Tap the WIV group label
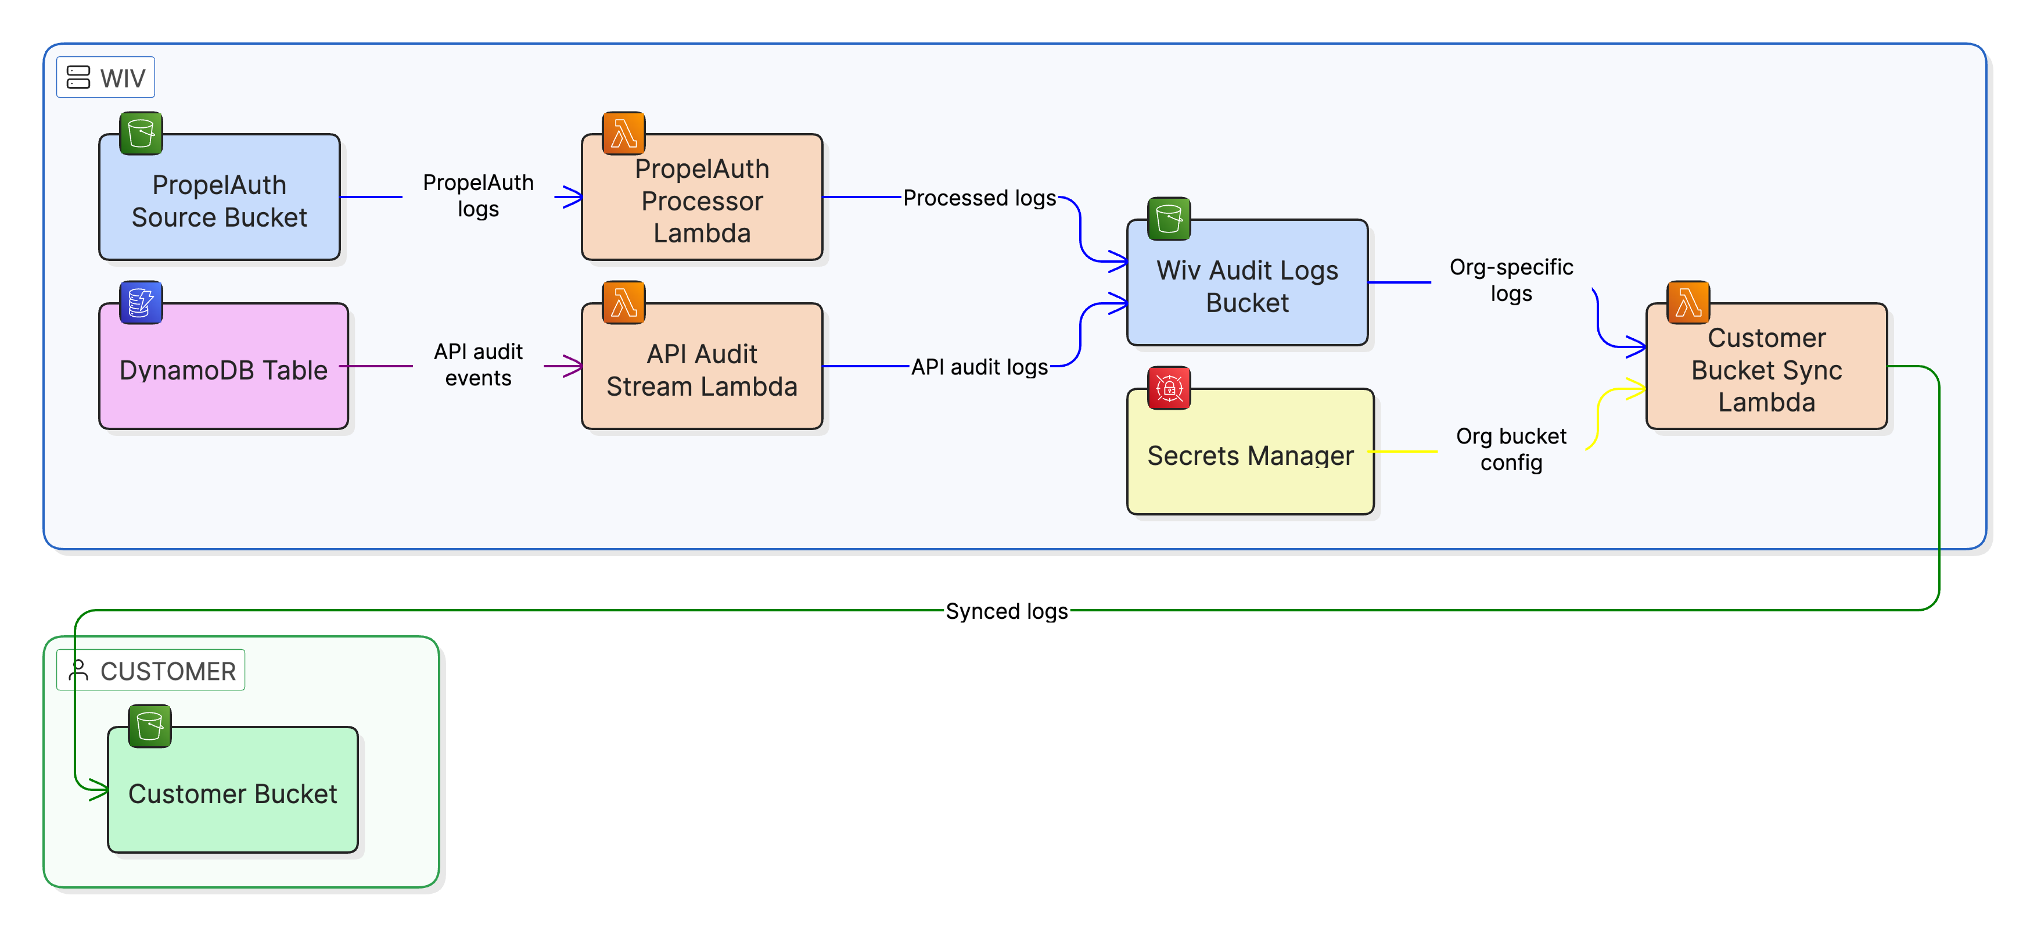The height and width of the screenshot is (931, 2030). tap(106, 77)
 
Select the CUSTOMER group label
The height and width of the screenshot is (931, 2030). tap(150, 670)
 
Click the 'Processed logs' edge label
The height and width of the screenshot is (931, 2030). tap(979, 198)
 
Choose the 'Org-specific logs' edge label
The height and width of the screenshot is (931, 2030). tap(1511, 280)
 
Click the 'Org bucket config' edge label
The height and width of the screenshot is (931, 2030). tap(1511, 449)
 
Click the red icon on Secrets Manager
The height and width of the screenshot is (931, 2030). tap(1169, 388)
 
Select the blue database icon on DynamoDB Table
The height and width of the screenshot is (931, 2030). tap(141, 302)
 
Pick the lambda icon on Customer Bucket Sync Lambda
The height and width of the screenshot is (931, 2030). tap(1688, 302)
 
